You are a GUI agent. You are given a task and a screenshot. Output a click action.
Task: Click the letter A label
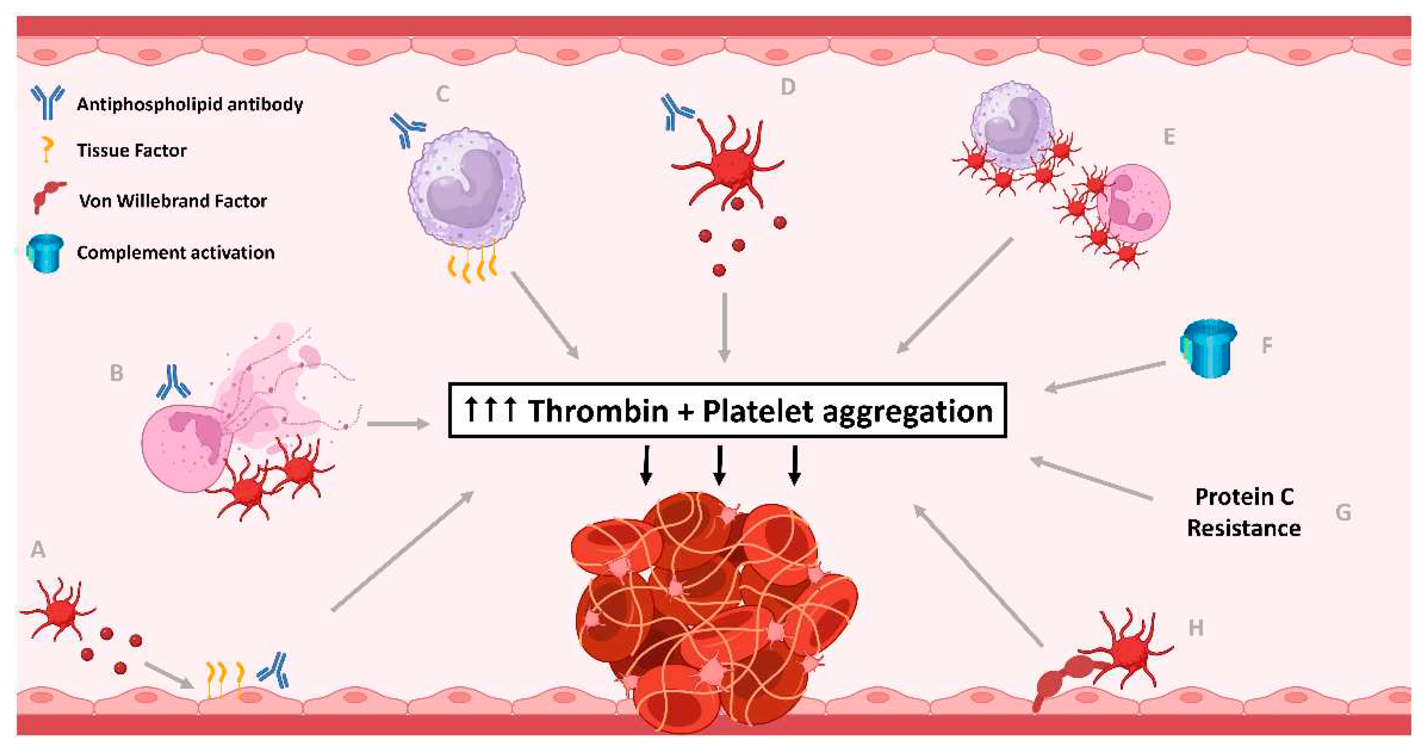pyautogui.click(x=38, y=549)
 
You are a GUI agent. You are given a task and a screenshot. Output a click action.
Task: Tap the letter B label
pyautogui.click(x=116, y=373)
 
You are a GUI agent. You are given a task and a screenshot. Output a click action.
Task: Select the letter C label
pyautogui.click(x=442, y=94)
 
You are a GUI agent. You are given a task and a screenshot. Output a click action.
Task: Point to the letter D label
pyautogui.click(x=787, y=87)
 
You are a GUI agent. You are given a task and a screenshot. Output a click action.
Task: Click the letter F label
pyautogui.click(x=1267, y=345)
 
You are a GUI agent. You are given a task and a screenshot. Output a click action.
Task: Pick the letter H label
pyautogui.click(x=1196, y=628)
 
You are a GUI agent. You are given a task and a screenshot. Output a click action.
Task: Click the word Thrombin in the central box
pyautogui.click(x=598, y=411)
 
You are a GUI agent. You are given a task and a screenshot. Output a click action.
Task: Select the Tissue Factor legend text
pyautogui.click(x=132, y=151)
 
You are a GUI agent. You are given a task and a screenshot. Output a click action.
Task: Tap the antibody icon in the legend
pyautogui.click(x=47, y=102)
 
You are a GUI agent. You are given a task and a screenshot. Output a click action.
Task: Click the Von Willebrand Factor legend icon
pyautogui.click(x=47, y=197)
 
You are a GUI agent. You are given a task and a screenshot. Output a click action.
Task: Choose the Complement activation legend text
pyautogui.click(x=176, y=253)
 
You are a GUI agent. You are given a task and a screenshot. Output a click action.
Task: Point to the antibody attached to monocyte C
pyautogui.click(x=407, y=129)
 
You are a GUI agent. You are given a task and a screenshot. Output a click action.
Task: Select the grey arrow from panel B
pyautogui.click(x=399, y=424)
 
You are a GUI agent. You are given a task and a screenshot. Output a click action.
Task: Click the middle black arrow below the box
pyautogui.click(x=719, y=465)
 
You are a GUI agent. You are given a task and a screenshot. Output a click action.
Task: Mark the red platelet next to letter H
pyautogui.click(x=1129, y=650)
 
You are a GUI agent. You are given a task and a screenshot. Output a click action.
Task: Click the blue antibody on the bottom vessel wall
pyautogui.click(x=274, y=670)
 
